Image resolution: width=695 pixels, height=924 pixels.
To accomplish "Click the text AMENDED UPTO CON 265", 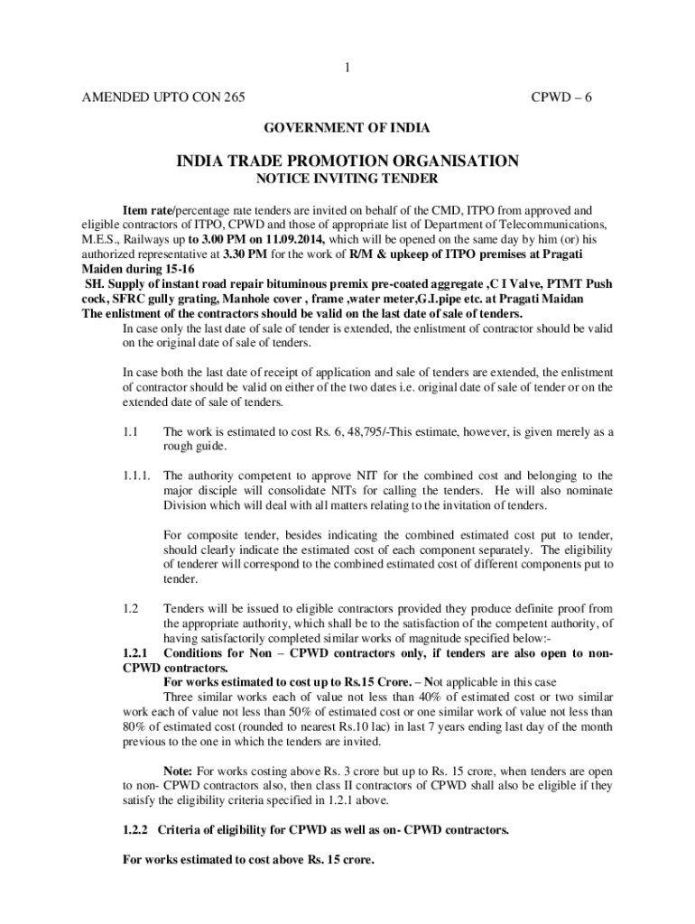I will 163,97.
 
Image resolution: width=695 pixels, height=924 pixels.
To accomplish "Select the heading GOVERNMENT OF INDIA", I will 347,128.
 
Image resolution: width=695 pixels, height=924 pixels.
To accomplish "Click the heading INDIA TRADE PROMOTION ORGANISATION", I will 347,162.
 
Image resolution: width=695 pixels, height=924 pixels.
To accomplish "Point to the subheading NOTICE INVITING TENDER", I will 347,179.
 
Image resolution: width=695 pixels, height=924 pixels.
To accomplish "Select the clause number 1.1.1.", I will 135,476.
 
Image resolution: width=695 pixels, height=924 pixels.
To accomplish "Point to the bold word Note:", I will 178,772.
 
